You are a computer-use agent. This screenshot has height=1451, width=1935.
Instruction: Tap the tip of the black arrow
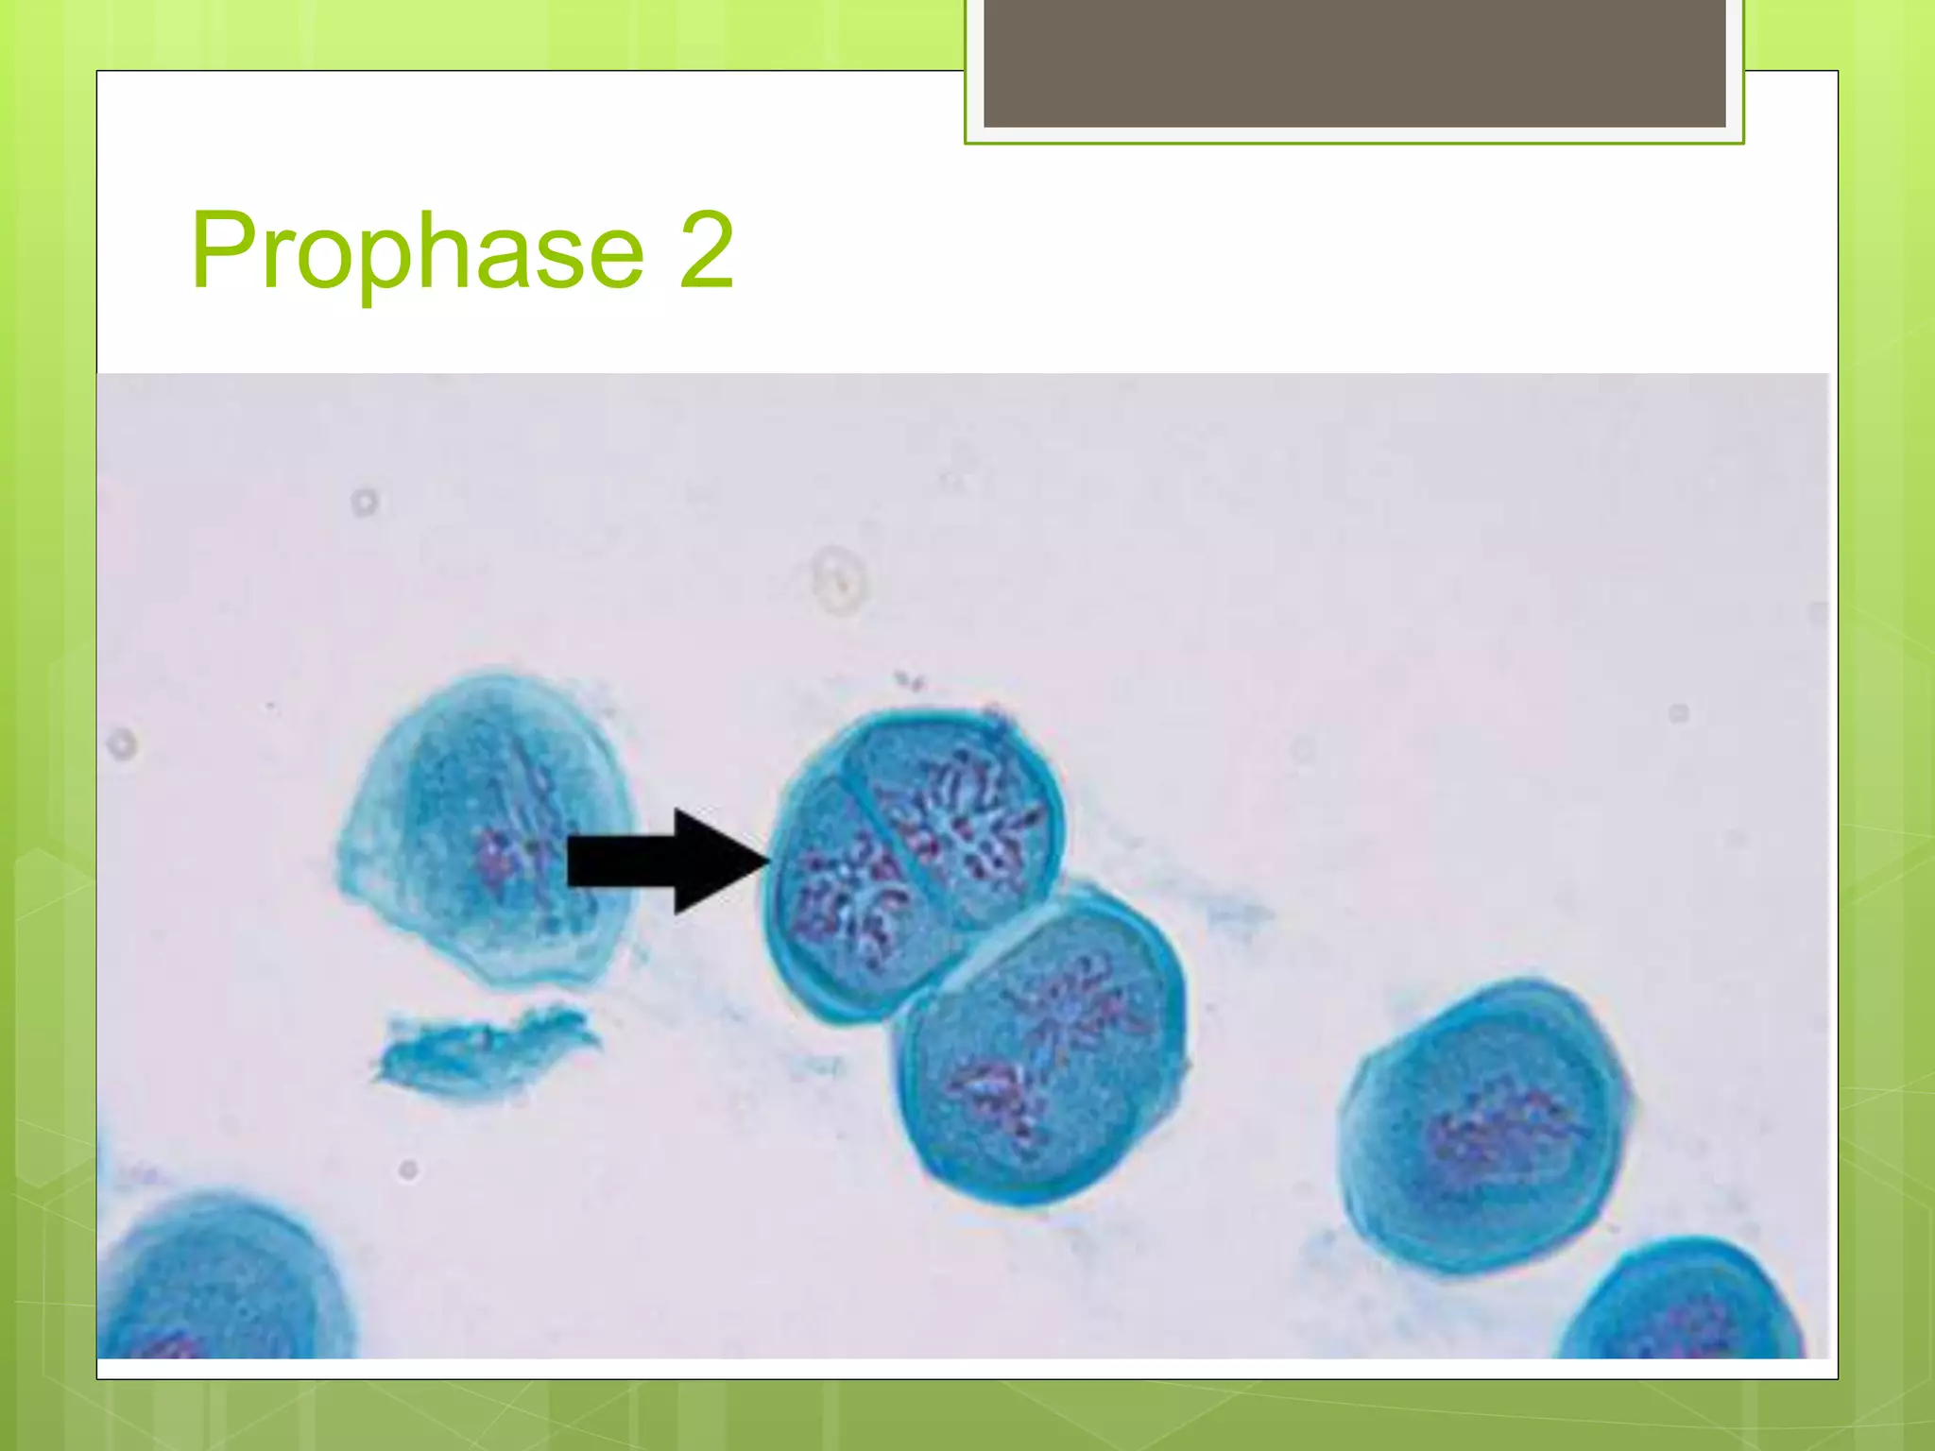point(767,861)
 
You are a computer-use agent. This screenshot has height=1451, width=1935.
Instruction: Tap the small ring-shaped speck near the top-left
point(365,502)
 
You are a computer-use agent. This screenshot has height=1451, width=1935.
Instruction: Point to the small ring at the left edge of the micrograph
point(122,744)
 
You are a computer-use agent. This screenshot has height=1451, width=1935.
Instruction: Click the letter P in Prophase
point(223,249)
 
